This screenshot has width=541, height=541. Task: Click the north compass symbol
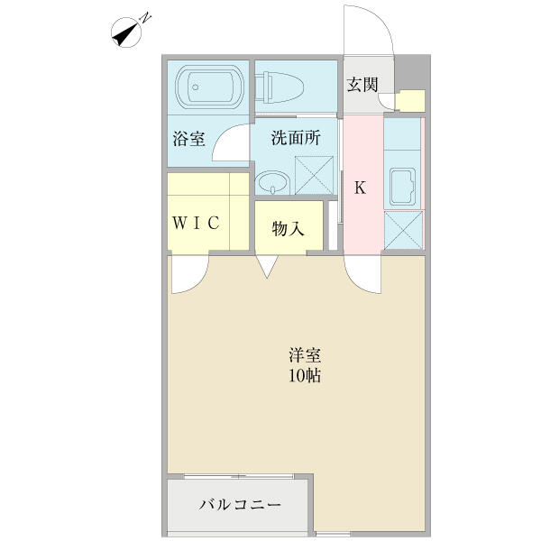point(126,32)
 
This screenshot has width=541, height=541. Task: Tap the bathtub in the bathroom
point(210,87)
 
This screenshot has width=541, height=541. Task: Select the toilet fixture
point(280,87)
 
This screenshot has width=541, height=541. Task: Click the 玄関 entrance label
point(362,85)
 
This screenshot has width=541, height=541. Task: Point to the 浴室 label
point(189,139)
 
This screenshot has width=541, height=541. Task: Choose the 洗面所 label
point(296,138)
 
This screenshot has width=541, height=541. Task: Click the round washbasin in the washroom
point(273,182)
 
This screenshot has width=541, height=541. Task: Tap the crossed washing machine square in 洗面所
point(315,175)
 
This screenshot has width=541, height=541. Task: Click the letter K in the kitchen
point(360,188)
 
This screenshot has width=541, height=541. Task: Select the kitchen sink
point(403,187)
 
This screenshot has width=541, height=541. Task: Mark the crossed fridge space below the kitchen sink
point(403,230)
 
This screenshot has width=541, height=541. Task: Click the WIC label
point(196,223)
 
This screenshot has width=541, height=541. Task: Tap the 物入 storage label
point(289,228)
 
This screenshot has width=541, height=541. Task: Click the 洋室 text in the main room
point(305,356)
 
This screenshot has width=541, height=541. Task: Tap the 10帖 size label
point(305,376)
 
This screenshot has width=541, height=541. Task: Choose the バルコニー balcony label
point(240,505)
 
